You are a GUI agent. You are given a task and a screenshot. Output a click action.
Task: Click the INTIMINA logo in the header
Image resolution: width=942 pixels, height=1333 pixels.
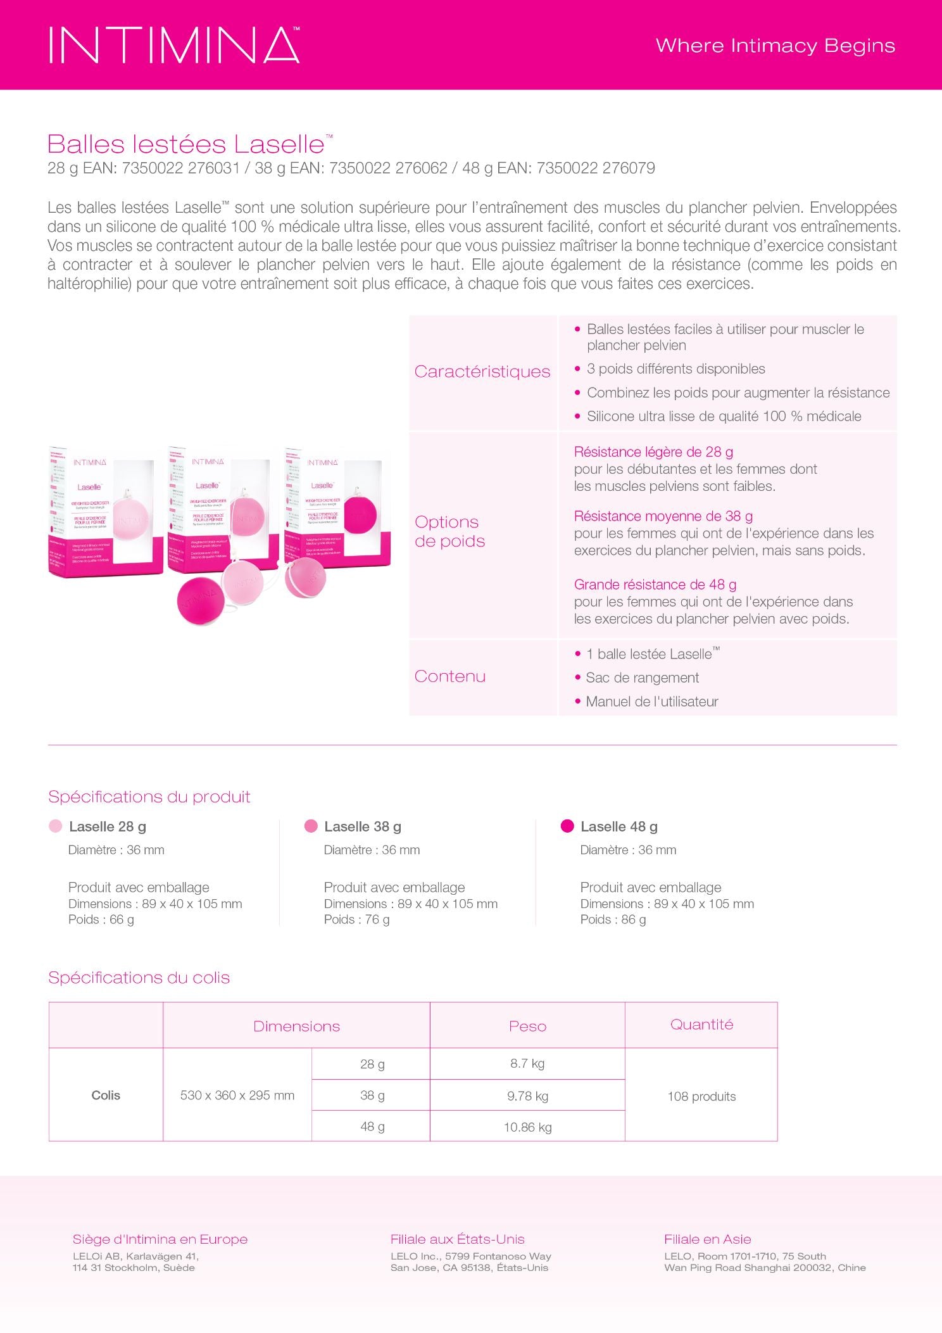point(174,45)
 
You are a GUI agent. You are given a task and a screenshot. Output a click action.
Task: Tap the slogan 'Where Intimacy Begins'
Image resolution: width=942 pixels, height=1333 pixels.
point(775,46)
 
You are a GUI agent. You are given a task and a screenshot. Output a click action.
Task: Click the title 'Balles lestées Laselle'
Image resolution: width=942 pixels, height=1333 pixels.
point(186,144)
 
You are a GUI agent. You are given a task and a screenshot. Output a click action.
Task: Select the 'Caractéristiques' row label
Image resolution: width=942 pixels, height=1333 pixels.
point(482,372)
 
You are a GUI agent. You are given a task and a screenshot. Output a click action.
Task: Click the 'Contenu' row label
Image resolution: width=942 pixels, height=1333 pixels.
point(450,676)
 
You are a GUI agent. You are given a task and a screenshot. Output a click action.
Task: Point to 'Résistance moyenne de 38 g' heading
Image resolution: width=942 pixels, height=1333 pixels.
point(663,516)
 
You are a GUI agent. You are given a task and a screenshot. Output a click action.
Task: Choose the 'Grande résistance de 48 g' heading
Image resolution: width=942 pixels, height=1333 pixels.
point(655,584)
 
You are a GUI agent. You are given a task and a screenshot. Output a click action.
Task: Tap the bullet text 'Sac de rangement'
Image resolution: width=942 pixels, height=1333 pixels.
point(642,678)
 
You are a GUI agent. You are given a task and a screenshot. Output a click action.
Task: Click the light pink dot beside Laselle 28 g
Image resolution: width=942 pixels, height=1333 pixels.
point(56,826)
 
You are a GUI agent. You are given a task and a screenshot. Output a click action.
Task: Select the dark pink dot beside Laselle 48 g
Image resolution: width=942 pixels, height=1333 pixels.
point(567,826)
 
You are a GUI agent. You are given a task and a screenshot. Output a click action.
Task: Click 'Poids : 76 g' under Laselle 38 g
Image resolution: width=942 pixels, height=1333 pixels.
point(356,919)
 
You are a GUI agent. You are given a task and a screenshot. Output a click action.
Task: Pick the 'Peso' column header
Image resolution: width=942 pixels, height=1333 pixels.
point(527,1026)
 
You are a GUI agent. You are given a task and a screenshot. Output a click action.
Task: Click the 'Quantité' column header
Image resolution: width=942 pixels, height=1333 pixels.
point(701,1025)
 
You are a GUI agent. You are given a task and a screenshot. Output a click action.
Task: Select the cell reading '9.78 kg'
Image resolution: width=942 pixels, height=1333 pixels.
point(527,1096)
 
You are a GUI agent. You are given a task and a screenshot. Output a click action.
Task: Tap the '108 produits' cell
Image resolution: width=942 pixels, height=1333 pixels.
point(701,1096)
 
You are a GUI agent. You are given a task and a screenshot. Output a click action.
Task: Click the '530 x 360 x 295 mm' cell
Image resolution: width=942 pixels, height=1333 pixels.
point(237,1095)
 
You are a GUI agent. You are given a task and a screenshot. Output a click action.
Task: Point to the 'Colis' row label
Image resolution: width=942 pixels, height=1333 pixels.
point(106,1095)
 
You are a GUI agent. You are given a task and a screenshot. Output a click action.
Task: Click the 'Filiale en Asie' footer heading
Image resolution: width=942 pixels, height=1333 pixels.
point(707,1239)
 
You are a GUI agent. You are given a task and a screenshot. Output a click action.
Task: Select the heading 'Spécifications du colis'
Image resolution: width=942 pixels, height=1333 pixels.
point(139,978)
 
